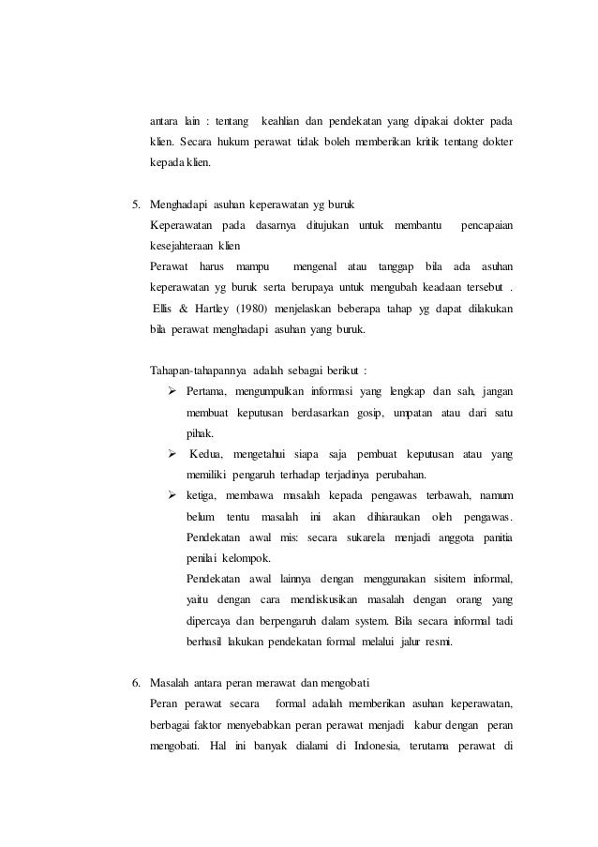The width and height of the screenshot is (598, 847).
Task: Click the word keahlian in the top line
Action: click(x=287, y=121)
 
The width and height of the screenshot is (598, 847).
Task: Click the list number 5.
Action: click(x=134, y=204)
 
